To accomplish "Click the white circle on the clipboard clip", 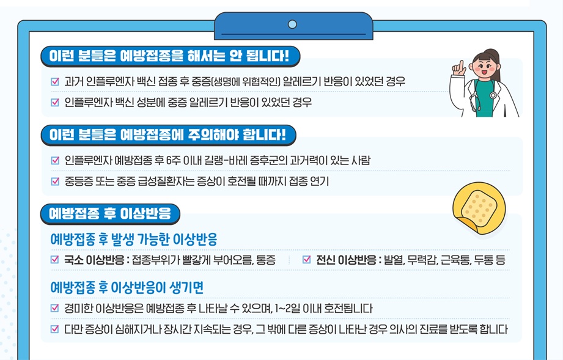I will click(x=292, y=24).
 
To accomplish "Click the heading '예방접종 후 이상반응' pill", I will click(x=110, y=213).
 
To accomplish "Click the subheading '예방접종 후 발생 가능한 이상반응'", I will click(x=134, y=238).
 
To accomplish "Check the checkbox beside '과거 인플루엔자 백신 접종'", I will click(x=56, y=81).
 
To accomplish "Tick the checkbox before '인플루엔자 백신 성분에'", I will click(x=56, y=101).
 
